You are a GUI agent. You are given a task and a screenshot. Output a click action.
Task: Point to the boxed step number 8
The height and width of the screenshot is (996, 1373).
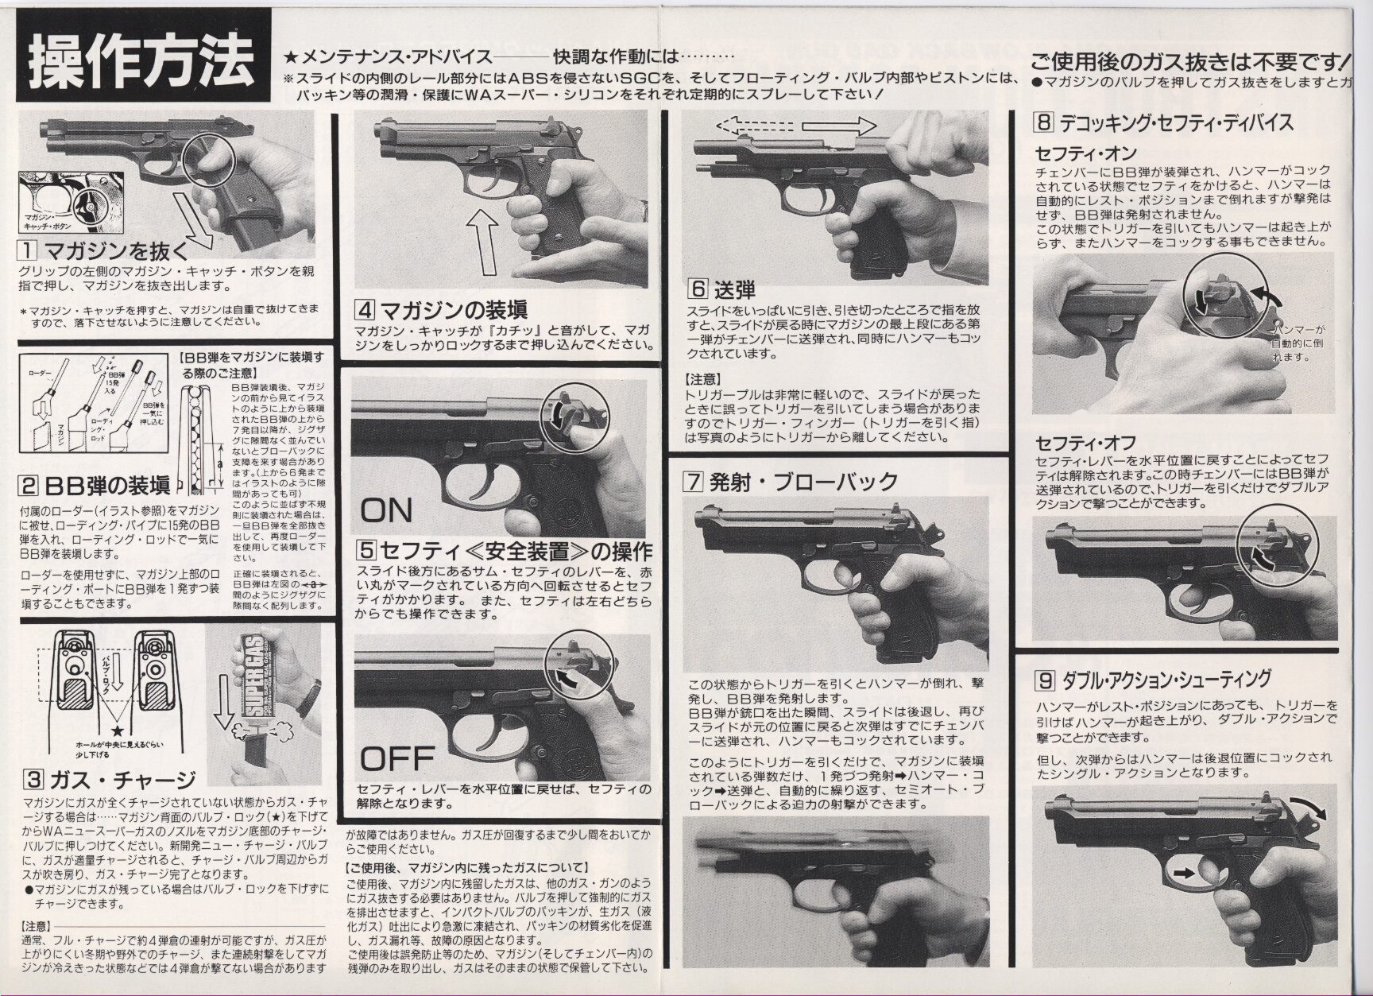tap(1043, 122)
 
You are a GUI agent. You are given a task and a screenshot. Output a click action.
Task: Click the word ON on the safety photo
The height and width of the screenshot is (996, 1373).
tap(386, 510)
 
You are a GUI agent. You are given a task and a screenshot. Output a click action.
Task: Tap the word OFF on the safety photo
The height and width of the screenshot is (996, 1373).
tap(397, 759)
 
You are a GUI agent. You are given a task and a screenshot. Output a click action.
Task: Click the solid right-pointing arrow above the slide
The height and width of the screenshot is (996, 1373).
tap(839, 126)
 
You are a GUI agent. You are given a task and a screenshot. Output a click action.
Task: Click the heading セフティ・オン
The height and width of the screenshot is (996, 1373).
tap(1085, 153)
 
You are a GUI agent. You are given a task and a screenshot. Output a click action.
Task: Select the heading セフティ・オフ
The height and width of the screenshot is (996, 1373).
tap(1085, 442)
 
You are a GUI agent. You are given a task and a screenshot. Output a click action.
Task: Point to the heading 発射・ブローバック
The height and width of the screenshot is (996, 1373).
tap(803, 481)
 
